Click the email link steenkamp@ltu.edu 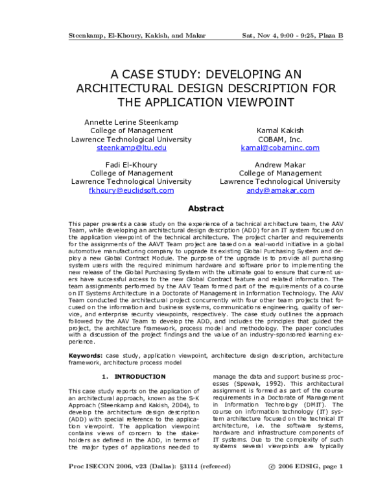[132, 148]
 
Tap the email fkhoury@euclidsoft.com [132, 191]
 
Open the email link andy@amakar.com [271, 191]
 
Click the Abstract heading [206, 208]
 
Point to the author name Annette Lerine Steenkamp [132, 121]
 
